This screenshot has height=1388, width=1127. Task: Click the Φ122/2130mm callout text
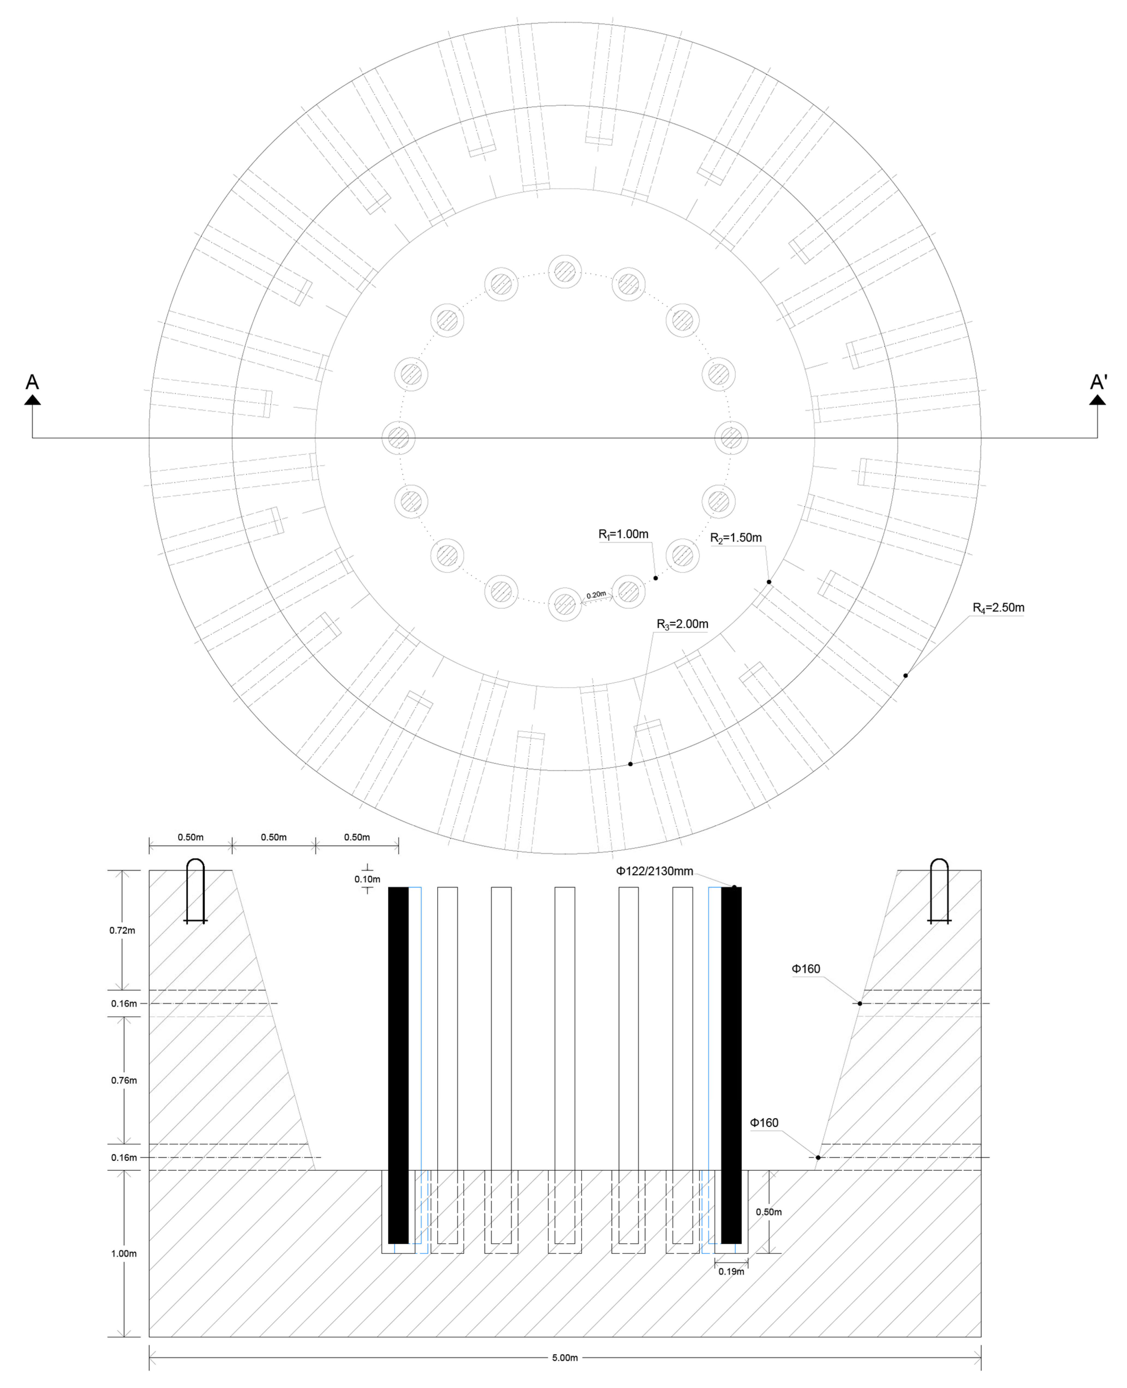pyautogui.click(x=654, y=871)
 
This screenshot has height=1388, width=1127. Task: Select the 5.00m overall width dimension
pyautogui.click(x=565, y=1357)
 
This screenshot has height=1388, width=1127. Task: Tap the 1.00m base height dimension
pyautogui.click(x=123, y=1254)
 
